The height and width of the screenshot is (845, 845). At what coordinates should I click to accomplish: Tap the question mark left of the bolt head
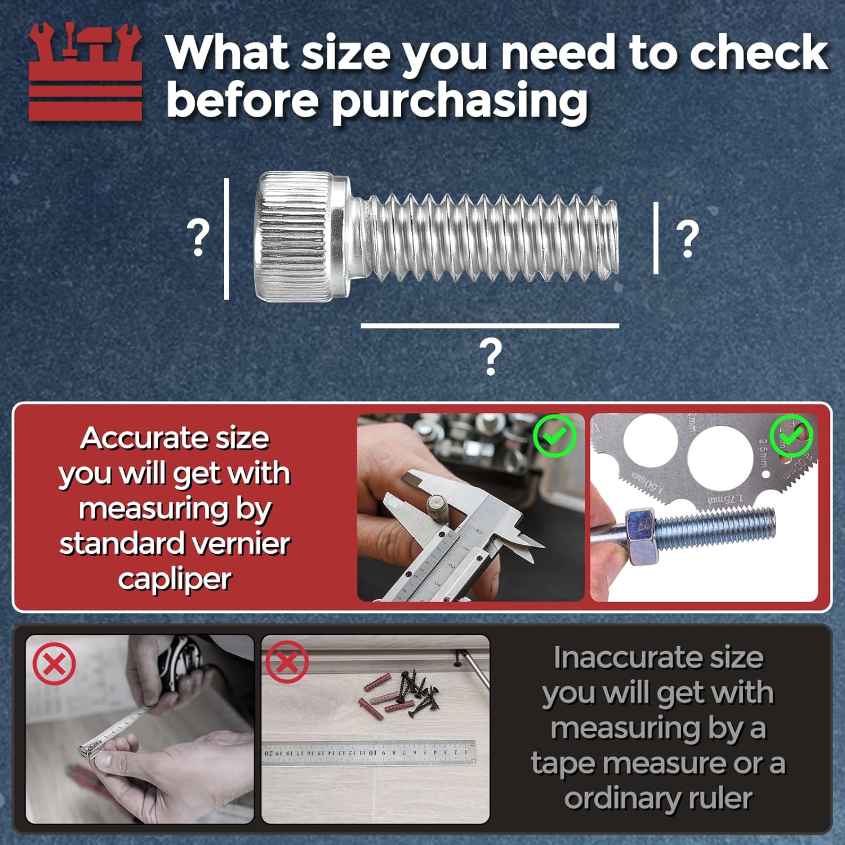point(198,238)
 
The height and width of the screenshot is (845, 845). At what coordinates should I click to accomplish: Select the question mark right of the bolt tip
point(687,239)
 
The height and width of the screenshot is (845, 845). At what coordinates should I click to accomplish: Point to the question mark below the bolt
point(491,357)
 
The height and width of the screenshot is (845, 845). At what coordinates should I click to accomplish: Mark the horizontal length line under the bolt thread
point(490,326)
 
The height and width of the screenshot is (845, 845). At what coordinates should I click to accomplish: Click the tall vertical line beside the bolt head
point(226,239)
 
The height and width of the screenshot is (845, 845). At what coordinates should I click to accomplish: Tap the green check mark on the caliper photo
point(554,435)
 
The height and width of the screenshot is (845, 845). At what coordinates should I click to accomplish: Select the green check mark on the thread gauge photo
point(791,435)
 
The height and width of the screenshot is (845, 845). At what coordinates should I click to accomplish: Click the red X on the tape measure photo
point(54,665)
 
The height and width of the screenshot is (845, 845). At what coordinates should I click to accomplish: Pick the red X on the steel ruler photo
point(287,661)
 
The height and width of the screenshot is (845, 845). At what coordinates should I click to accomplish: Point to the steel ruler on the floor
point(369,753)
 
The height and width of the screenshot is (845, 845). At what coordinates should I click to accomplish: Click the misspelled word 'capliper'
point(175,579)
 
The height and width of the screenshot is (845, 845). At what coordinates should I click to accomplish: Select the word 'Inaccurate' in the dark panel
point(658,657)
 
